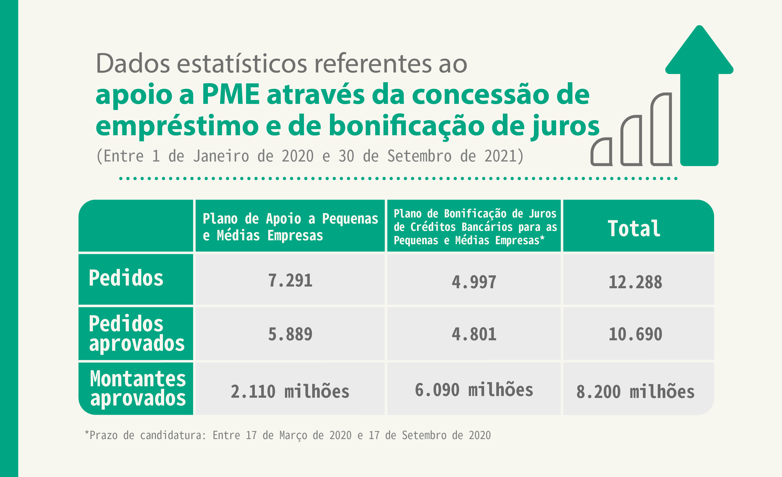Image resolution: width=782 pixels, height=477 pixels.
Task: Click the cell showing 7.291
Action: point(290,280)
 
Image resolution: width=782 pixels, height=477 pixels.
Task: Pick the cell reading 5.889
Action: point(290,334)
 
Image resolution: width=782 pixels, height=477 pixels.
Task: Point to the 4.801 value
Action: point(474,334)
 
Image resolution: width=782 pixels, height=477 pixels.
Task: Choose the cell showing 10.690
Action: point(635,334)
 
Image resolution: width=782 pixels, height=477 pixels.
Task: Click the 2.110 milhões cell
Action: point(290,391)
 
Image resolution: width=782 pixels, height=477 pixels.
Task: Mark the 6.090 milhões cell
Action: point(474,390)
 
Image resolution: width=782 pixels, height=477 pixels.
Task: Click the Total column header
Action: point(634,229)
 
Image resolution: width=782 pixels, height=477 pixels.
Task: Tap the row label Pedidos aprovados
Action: point(136,333)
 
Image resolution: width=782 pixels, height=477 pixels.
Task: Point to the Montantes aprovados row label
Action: point(138,388)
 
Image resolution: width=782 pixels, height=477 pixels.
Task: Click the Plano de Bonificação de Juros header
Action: point(475,227)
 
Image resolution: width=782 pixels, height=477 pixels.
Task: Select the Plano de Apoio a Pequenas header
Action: point(290,227)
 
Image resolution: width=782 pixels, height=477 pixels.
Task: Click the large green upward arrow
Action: point(699,95)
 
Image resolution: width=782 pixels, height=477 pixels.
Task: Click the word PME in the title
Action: point(231,94)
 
